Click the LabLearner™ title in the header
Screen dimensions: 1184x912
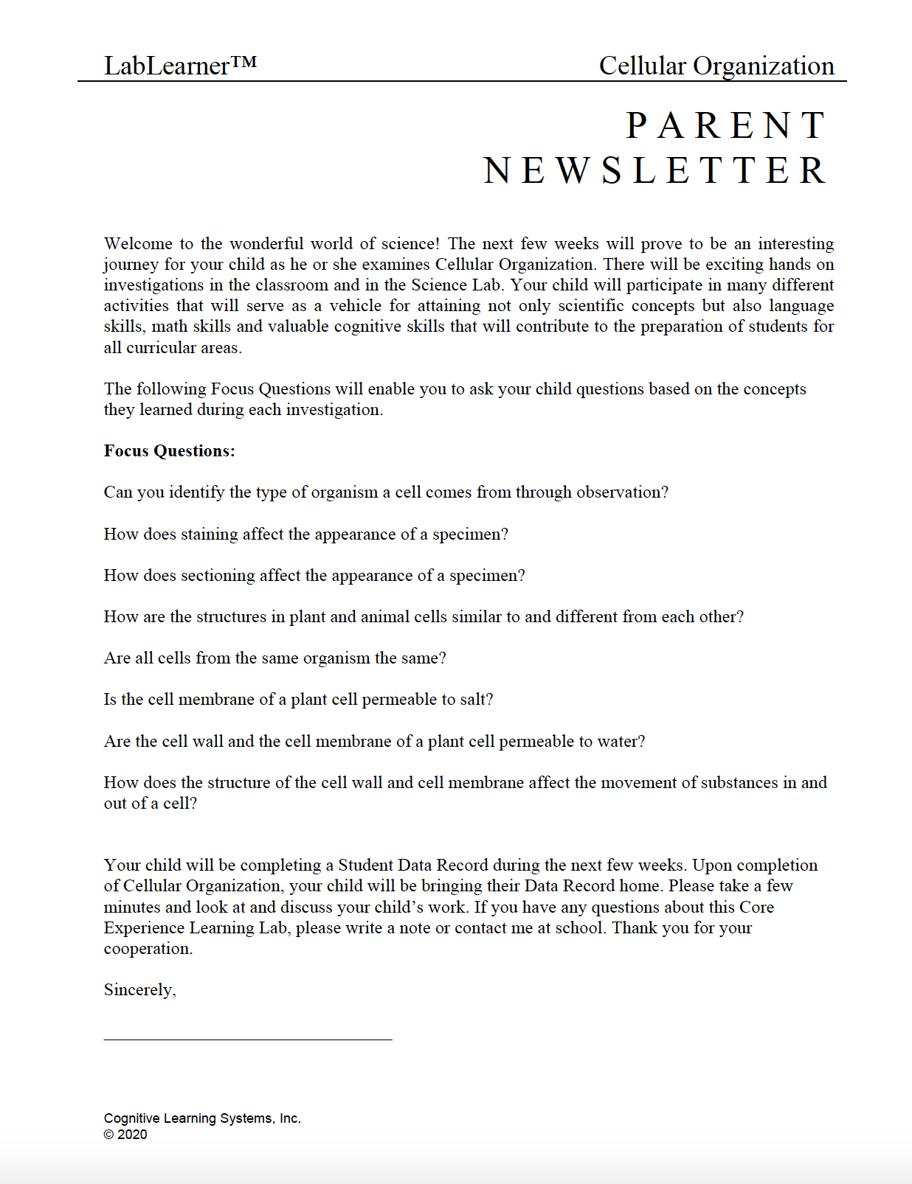tap(180, 66)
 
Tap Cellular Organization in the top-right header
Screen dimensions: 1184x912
tap(716, 66)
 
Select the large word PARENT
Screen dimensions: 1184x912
tap(727, 125)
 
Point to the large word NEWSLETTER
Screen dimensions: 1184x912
tap(655, 171)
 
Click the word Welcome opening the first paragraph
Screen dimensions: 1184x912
tap(138, 244)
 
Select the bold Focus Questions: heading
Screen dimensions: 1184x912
tap(170, 451)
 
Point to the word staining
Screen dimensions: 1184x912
tap(210, 534)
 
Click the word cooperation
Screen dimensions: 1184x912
tap(147, 949)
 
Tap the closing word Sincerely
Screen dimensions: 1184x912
tap(139, 990)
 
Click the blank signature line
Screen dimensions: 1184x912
tap(248, 1038)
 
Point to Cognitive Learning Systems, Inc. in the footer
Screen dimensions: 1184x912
tap(202, 1118)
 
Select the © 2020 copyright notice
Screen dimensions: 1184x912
tap(125, 1135)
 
